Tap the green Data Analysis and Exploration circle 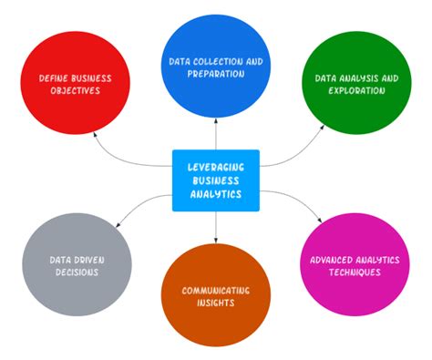click(355, 87)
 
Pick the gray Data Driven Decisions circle click(77, 264)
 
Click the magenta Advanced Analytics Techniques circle click(354, 265)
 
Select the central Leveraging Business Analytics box click(216, 180)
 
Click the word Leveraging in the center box click(216, 168)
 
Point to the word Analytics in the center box click(216, 193)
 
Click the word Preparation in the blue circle click(217, 74)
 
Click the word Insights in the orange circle click(216, 303)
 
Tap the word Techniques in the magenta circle click(354, 273)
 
